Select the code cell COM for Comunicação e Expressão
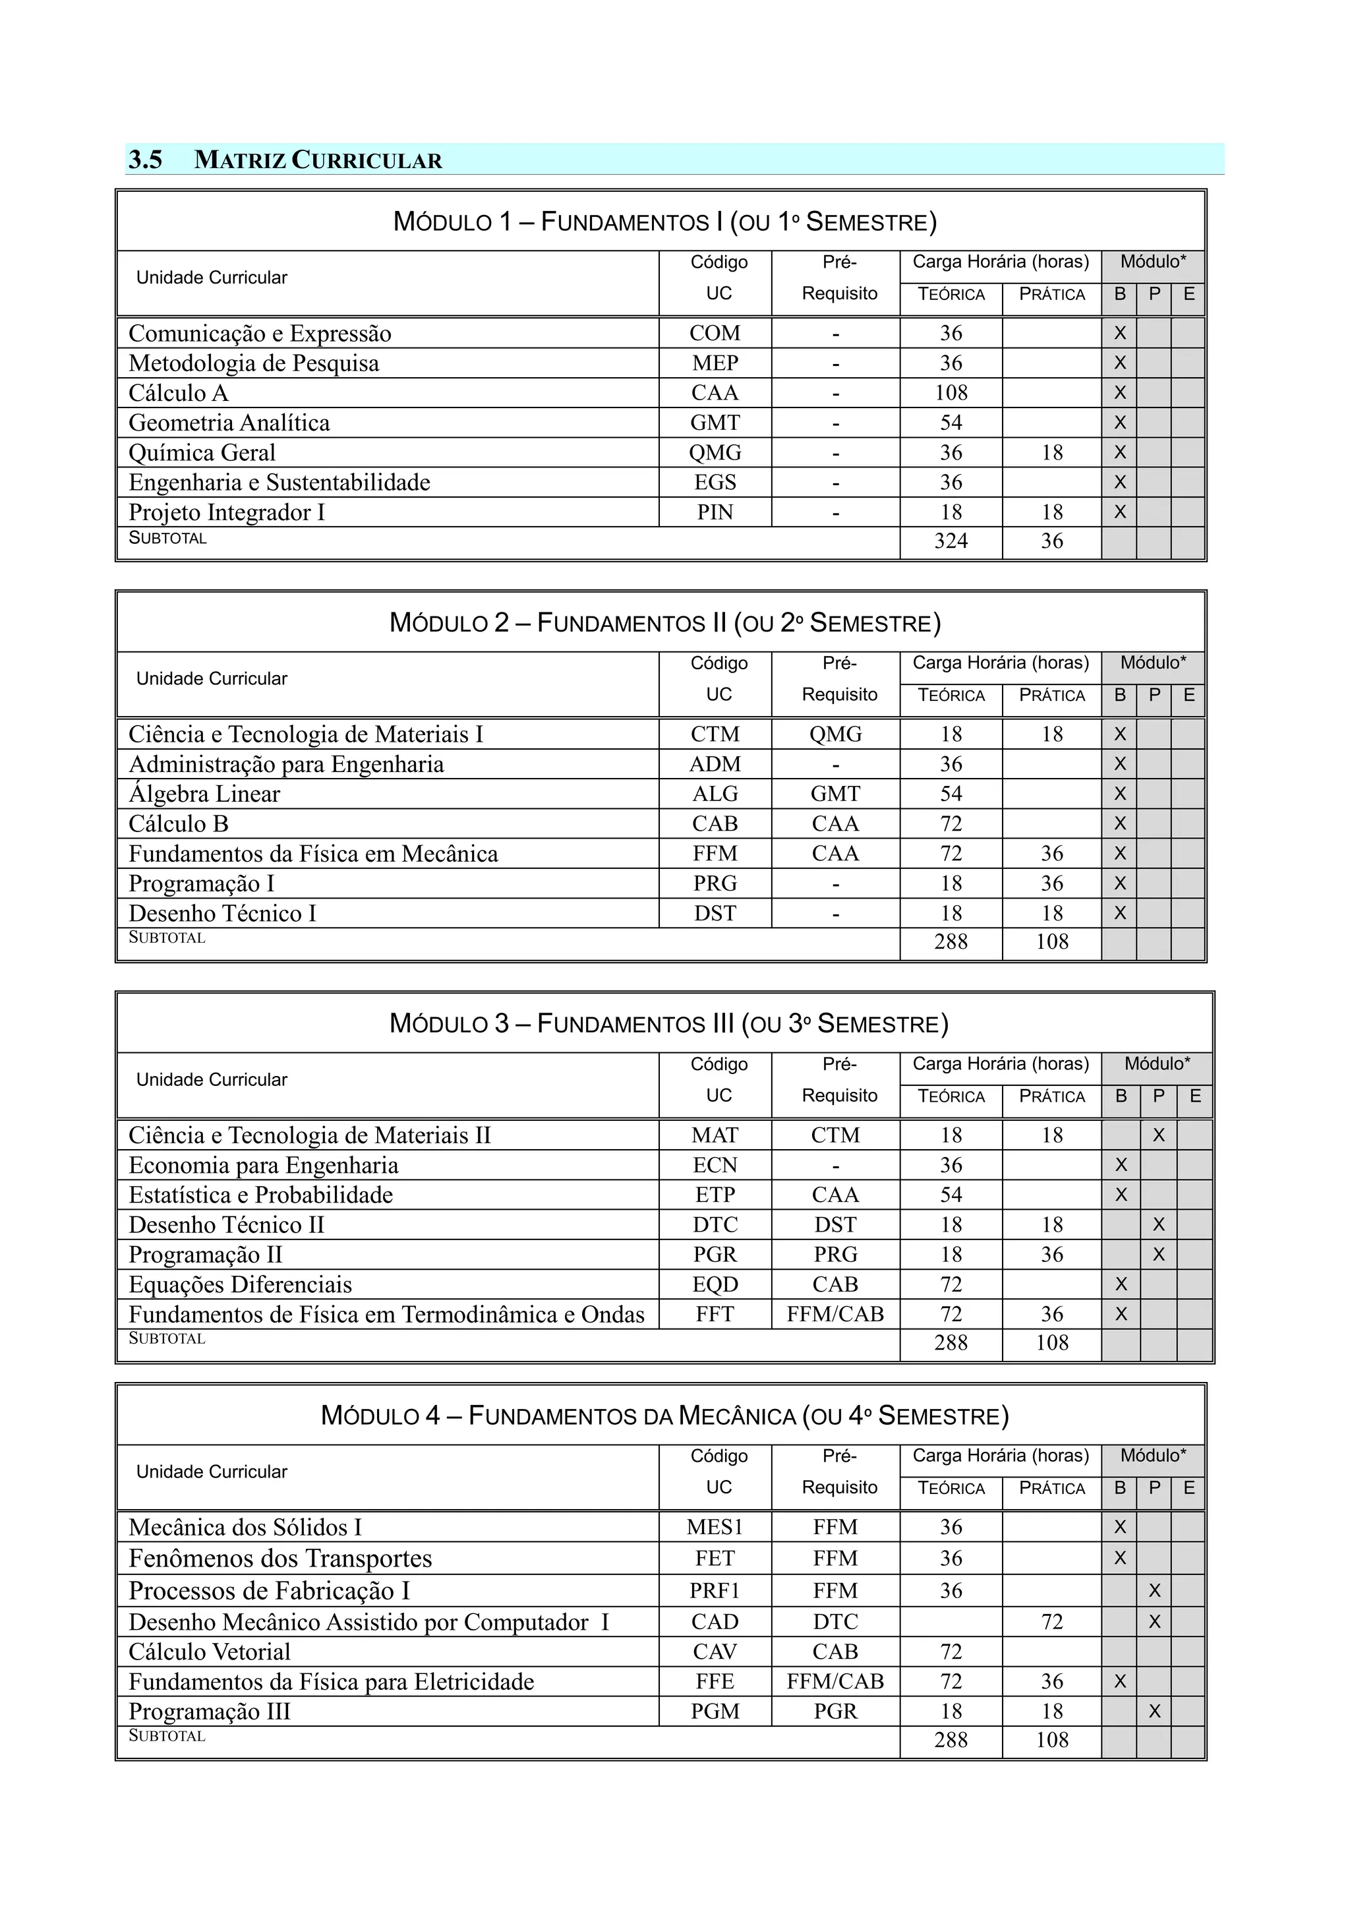(x=714, y=333)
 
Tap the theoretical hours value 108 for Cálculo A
(x=950, y=393)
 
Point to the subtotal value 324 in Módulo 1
(x=950, y=541)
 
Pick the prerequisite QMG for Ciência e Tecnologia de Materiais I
(x=835, y=734)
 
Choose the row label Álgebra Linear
(x=204, y=794)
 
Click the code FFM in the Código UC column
(x=714, y=854)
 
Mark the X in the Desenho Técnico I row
(x=1119, y=913)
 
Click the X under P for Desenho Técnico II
(x=1158, y=1224)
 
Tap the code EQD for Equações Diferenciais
(x=714, y=1284)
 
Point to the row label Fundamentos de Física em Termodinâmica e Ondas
(x=386, y=1315)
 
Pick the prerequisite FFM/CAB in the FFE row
(x=835, y=1681)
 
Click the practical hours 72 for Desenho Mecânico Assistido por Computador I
(x=1051, y=1621)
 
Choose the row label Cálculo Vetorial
(x=209, y=1652)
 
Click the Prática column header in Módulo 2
(x=1051, y=696)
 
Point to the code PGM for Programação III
(x=714, y=1711)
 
